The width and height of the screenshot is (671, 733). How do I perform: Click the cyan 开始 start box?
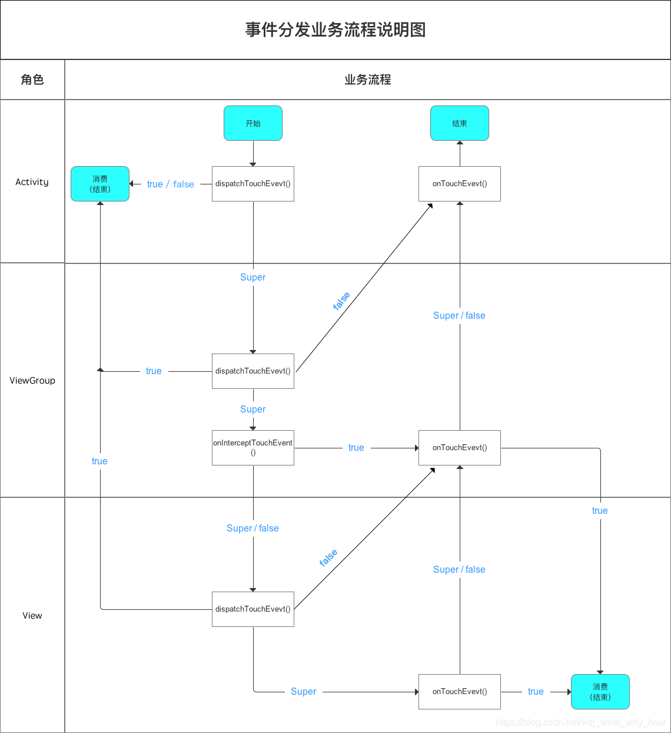pyautogui.click(x=253, y=123)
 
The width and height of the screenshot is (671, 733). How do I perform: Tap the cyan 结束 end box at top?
pyautogui.click(x=460, y=123)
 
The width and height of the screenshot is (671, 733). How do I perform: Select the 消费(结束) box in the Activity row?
pyautogui.click(x=100, y=184)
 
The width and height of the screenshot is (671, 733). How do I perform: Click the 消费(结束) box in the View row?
pyautogui.click(x=600, y=692)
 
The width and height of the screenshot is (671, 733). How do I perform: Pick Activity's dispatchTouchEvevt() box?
pyautogui.click(x=253, y=184)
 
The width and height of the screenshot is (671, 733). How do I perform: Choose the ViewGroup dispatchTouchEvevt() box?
pyautogui.click(x=253, y=371)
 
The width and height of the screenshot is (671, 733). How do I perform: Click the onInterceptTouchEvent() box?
pyautogui.click(x=253, y=448)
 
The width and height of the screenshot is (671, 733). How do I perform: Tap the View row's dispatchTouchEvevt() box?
pyautogui.click(x=253, y=609)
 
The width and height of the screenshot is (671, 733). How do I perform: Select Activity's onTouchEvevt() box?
pyautogui.click(x=460, y=184)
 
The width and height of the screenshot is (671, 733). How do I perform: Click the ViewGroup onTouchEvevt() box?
pyautogui.click(x=460, y=448)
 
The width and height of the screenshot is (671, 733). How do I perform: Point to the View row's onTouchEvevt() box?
pyautogui.click(x=460, y=692)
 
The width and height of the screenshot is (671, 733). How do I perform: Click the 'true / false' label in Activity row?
pyautogui.click(x=171, y=184)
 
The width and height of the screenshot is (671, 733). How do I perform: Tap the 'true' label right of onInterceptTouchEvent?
pyautogui.click(x=356, y=448)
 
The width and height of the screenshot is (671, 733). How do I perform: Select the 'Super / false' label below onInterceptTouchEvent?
pyautogui.click(x=253, y=529)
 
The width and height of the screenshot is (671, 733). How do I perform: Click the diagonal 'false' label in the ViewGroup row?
pyautogui.click(x=341, y=301)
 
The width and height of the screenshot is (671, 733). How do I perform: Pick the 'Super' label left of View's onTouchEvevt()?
pyautogui.click(x=304, y=692)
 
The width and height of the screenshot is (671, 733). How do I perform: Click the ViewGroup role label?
pyautogui.click(x=32, y=381)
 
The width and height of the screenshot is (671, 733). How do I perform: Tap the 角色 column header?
pyautogui.click(x=32, y=80)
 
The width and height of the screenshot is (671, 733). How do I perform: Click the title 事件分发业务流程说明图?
pyautogui.click(x=336, y=29)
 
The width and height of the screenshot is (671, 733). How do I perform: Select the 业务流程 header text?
pyautogui.click(x=368, y=80)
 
